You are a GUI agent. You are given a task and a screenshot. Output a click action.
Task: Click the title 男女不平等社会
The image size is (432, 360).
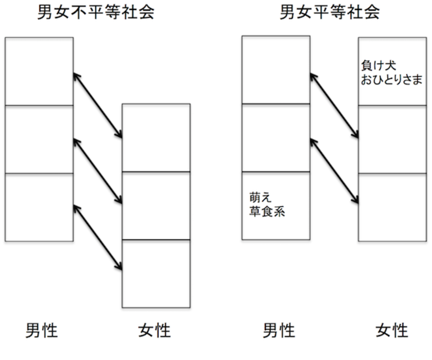click(96, 13)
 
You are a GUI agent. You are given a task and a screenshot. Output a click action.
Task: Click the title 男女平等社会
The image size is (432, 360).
click(330, 13)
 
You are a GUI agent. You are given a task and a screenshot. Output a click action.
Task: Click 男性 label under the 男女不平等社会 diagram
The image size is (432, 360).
click(41, 330)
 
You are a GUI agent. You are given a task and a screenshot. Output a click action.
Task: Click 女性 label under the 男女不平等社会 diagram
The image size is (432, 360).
click(154, 330)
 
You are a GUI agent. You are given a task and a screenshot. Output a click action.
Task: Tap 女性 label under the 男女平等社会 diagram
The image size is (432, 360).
click(392, 330)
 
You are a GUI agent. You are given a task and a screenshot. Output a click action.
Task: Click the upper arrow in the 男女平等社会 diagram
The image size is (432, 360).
click(334, 106)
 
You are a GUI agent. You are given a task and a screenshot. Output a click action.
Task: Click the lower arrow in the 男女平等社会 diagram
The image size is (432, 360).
click(334, 172)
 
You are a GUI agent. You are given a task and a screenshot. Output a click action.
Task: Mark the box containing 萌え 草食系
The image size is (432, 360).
click(276, 206)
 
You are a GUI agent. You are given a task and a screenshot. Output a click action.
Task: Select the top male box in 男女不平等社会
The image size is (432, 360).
click(39, 71)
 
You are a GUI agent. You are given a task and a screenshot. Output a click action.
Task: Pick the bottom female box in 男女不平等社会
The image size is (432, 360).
click(156, 273)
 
